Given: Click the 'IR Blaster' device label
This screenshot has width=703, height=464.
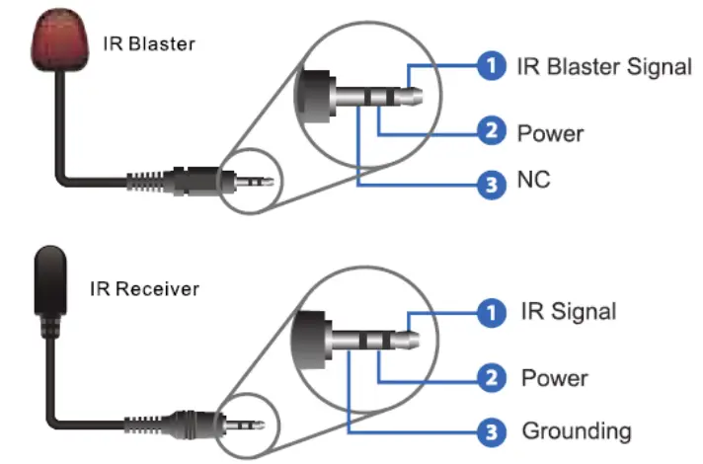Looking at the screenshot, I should click(x=149, y=44).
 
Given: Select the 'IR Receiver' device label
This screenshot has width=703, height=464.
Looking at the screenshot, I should click(x=158, y=289).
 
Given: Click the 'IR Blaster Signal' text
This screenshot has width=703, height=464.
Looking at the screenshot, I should click(x=603, y=67).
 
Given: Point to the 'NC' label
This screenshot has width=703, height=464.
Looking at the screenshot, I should click(x=533, y=182).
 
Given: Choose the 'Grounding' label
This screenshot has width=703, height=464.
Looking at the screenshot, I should click(x=576, y=430).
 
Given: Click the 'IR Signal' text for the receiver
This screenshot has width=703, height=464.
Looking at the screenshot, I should click(x=568, y=312).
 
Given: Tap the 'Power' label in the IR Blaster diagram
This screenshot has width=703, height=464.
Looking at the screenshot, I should click(x=551, y=131).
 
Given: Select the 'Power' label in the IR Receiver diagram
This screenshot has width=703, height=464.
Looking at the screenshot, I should click(x=554, y=377).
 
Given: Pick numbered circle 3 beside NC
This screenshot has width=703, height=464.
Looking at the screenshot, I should click(x=492, y=183).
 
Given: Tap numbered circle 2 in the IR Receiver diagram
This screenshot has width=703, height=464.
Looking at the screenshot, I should click(x=492, y=378).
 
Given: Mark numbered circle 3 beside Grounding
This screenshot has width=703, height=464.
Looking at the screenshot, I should click(x=492, y=431).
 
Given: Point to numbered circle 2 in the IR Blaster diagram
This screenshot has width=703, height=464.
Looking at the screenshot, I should click(x=492, y=131).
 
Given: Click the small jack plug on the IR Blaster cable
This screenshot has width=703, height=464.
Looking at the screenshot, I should click(x=253, y=182).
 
